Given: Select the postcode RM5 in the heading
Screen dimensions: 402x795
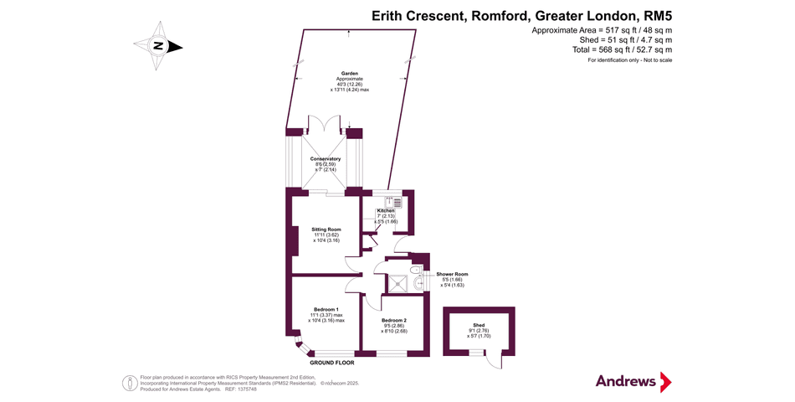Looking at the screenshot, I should pyautogui.click(x=658, y=15).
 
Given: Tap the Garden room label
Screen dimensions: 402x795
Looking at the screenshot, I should pyautogui.click(x=348, y=74).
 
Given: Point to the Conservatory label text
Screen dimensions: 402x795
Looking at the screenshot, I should pyautogui.click(x=325, y=158).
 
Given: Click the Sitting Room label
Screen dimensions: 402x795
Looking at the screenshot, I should pyautogui.click(x=326, y=229).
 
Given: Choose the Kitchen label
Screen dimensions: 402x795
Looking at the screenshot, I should pyautogui.click(x=385, y=210).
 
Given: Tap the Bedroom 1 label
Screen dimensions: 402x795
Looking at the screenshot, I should pyautogui.click(x=326, y=309).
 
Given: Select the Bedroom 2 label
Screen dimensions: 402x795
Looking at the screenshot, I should pyautogui.click(x=393, y=321).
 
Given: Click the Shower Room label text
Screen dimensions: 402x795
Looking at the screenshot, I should pyautogui.click(x=451, y=274).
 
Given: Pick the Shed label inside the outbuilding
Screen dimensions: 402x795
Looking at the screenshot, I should pyautogui.click(x=479, y=325).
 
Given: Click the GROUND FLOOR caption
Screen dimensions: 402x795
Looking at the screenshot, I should pyautogui.click(x=332, y=363).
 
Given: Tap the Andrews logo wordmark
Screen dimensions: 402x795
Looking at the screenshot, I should pyautogui.click(x=625, y=381).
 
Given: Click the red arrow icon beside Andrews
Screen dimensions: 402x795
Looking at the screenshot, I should pyautogui.click(x=666, y=382).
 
